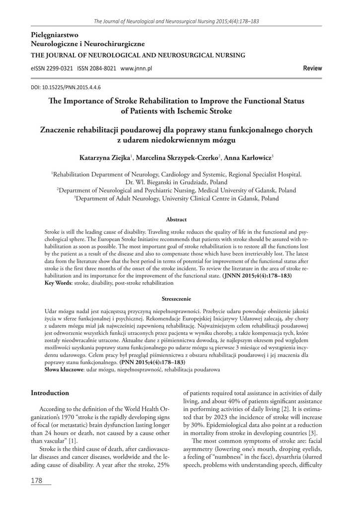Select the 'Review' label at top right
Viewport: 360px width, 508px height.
pyautogui.click(x=312, y=68)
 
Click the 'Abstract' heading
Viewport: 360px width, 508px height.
pyautogui.click(x=176, y=219)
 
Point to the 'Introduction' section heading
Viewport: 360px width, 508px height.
pyautogui.click(x=50, y=393)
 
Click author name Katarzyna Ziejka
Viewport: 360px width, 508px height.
pyautogui.click(x=104, y=157)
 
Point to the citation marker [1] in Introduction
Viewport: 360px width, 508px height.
pyautogui.click(x=72, y=441)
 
